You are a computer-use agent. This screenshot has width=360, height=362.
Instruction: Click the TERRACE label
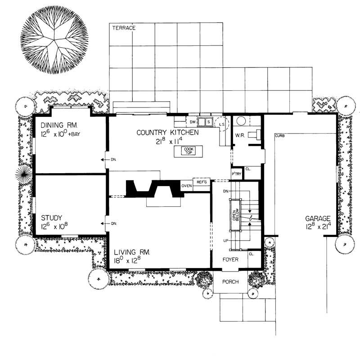pyautogui.click(x=123, y=28)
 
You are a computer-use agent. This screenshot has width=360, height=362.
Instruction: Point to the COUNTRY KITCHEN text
pyautogui.click(x=167, y=133)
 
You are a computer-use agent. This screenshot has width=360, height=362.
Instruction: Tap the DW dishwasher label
pyautogui.click(x=192, y=122)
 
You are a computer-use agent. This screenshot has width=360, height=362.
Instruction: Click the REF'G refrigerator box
pyautogui.click(x=201, y=183)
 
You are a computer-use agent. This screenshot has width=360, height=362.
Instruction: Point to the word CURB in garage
pyautogui.click(x=279, y=135)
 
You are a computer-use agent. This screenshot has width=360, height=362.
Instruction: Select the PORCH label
pyautogui.click(x=230, y=282)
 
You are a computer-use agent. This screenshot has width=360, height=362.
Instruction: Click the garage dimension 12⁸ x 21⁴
pyautogui.click(x=318, y=227)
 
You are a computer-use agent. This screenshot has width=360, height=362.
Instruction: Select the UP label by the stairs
pyautogui.click(x=225, y=241)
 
